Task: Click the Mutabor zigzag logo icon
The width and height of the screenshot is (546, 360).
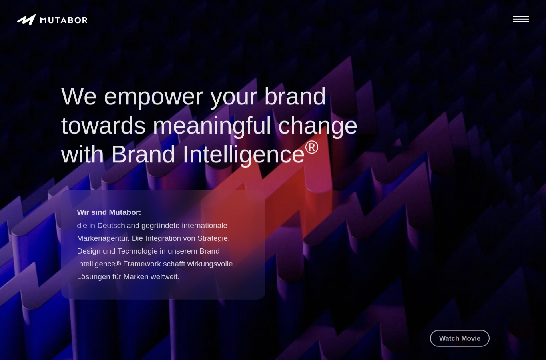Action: point(26,20)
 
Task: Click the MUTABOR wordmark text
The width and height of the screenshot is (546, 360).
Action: point(64,20)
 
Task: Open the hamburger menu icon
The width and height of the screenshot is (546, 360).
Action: point(521,19)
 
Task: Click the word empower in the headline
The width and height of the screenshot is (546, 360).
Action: point(153,97)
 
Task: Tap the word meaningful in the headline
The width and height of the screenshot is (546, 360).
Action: point(212,126)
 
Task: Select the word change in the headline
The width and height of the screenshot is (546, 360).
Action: point(318,126)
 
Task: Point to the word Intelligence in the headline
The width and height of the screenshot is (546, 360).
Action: point(244,155)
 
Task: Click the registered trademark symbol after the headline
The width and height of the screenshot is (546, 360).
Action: point(312,147)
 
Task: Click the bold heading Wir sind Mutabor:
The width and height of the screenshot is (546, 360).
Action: point(109,212)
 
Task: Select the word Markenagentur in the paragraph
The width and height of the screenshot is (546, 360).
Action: point(102,238)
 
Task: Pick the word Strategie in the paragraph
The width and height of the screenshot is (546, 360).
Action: point(213,238)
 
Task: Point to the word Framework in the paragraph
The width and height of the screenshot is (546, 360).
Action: point(142,264)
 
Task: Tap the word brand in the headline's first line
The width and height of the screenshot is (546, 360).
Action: point(295,96)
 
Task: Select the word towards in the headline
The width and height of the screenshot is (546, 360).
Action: point(104,126)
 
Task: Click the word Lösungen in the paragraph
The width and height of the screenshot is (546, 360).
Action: point(94,277)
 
